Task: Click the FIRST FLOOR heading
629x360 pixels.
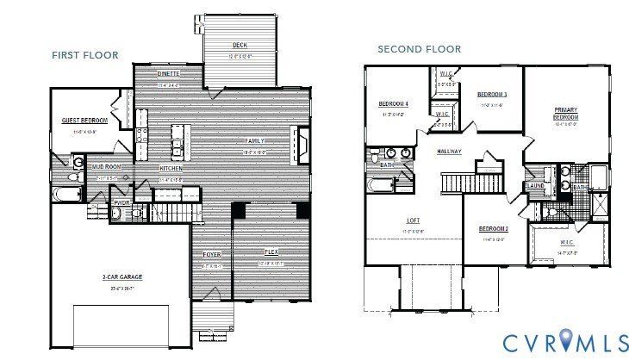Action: pos(84,55)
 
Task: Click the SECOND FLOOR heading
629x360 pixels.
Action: pos(419,49)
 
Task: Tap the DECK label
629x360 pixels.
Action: pos(240,46)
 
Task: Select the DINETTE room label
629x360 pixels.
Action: pos(168,74)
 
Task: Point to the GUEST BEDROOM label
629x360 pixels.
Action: pos(84,121)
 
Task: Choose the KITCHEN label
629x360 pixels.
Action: pos(171,169)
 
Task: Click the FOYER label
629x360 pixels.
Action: pos(211,255)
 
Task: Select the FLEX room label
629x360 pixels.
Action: pos(271,251)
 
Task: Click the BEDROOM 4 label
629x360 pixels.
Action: pos(393,104)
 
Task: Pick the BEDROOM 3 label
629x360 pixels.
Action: pos(492,94)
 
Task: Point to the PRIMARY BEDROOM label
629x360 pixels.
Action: pos(565,112)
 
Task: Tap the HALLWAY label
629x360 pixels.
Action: pos(449,152)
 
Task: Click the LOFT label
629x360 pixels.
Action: pos(414,220)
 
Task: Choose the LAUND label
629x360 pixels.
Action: pos(535,184)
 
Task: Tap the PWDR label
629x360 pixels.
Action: pos(121,203)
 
